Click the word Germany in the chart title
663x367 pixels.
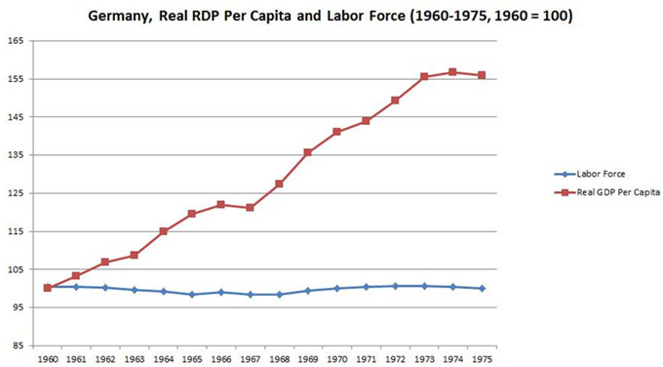tap(117, 18)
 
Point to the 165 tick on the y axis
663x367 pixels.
tap(16, 41)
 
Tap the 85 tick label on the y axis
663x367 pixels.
tap(18, 345)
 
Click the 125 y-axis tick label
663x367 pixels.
tap(16, 193)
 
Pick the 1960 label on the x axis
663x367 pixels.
tap(47, 357)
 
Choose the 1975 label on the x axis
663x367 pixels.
tap(482, 357)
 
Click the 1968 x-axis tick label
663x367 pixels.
tap(279, 357)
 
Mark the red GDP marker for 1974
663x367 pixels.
tap(452, 72)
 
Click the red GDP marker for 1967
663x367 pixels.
tap(250, 208)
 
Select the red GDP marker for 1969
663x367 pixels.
tap(308, 152)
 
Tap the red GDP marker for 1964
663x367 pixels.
tap(163, 231)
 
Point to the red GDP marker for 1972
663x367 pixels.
tap(395, 101)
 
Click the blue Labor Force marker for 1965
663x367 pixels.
tap(192, 294)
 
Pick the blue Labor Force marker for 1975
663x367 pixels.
tap(482, 288)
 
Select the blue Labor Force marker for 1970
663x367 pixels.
tap(336, 289)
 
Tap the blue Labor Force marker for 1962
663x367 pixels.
tap(105, 288)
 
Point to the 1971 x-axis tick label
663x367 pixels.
tap(366, 357)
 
